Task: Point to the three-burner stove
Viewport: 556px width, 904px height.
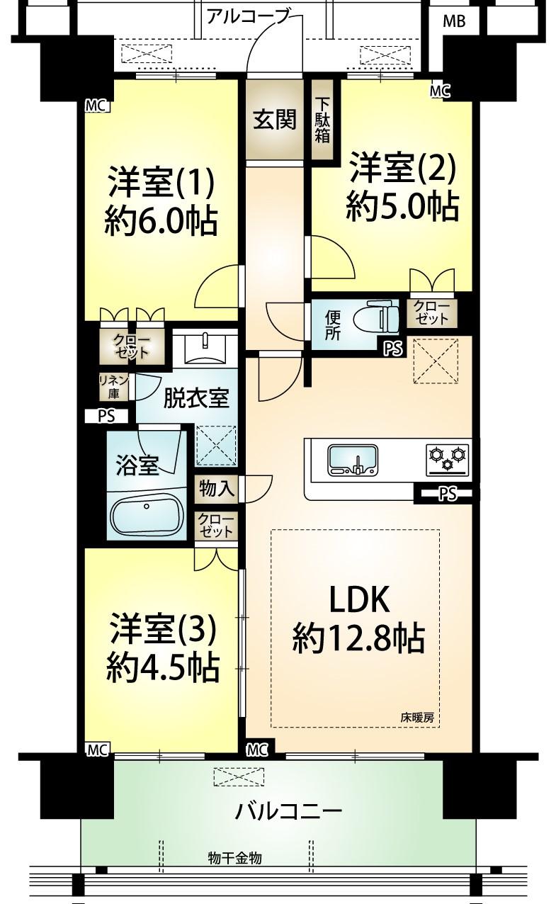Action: coord(448,458)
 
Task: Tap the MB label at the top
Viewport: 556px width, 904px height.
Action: coord(454,21)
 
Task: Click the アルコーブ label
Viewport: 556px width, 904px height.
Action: coord(249,16)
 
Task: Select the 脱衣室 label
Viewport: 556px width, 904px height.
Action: coord(196,398)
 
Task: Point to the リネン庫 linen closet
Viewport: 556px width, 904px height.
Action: coord(113,387)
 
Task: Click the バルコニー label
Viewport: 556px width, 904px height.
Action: coord(289,810)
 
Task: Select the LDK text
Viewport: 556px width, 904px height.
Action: coord(359,600)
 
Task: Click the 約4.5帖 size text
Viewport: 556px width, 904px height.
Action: coord(162,667)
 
